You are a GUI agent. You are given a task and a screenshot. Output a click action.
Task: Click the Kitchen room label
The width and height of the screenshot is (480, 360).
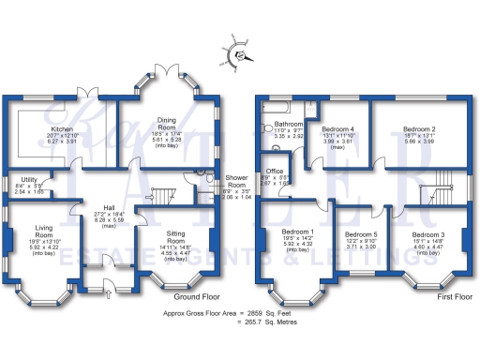(63, 129)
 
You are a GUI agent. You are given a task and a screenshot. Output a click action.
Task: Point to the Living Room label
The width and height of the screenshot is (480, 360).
(43, 232)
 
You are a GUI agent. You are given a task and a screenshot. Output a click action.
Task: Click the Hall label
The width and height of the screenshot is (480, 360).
(109, 208)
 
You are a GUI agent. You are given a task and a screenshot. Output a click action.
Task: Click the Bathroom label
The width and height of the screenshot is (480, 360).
(289, 124)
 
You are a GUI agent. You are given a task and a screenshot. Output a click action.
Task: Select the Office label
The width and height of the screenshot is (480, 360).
(276, 172)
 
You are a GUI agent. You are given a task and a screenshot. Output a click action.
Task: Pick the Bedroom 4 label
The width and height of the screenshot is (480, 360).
(338, 128)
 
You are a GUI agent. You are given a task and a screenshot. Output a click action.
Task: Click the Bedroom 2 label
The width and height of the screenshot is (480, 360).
(419, 128)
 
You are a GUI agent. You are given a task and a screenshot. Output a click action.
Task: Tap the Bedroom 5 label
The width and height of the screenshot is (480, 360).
(361, 234)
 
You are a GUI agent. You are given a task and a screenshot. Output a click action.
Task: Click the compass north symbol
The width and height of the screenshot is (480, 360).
(240, 55)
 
